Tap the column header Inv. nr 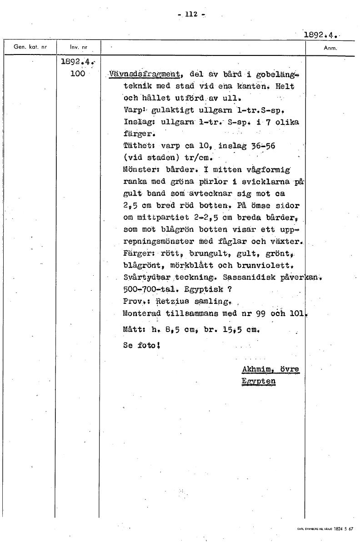(x=78, y=47)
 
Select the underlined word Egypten (x=259, y=381)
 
